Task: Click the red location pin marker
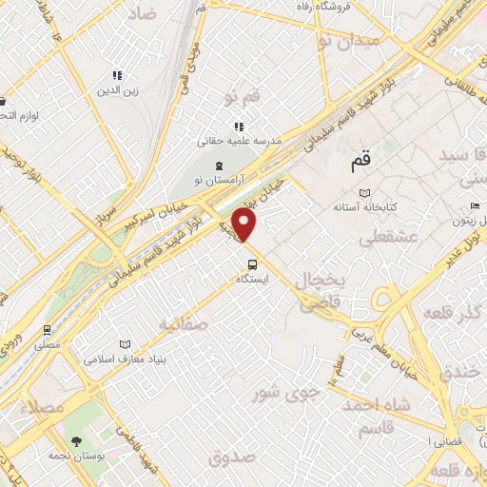click(x=245, y=226)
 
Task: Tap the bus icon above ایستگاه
click(x=252, y=264)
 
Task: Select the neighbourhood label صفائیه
click(x=184, y=324)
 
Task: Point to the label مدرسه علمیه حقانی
click(x=240, y=140)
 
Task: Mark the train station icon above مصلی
click(x=47, y=329)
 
